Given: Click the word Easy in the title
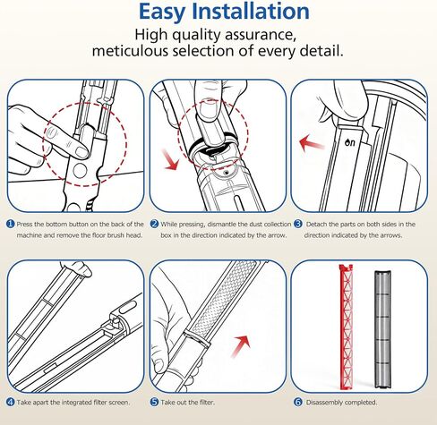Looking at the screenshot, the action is coord(163,13).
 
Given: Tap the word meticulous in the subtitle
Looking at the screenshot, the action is coord(130,51).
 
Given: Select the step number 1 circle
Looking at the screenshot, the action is coord(11,224).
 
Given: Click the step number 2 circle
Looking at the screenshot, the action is coord(154,224).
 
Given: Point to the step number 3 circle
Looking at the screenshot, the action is coord(298,224).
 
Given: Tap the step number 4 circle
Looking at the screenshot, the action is coord(11,402).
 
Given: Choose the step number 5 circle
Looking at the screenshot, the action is coord(154,402).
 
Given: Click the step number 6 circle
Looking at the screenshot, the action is coord(298,402).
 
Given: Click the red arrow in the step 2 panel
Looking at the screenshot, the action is coord(170,160).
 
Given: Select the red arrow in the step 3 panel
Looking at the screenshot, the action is coord(311,143).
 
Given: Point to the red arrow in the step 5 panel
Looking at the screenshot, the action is coord(241,346).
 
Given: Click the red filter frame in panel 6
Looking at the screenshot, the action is coord(347,327).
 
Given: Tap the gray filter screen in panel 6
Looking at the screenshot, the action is coord(383,329).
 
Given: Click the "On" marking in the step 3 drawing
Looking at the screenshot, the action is coord(350,142).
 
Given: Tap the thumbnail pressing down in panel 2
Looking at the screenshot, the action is coord(209,111).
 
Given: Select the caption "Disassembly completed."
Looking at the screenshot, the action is coord(341,403).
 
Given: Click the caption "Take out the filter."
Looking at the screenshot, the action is coord(188,403).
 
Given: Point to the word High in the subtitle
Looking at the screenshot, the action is coord(151,35).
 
